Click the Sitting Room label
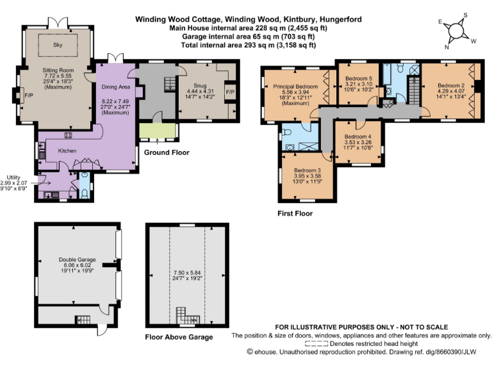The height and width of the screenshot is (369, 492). pyautogui.click(x=58, y=70)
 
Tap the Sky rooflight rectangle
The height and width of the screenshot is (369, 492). pyautogui.click(x=58, y=45)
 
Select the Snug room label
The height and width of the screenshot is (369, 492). pyautogui.click(x=200, y=85)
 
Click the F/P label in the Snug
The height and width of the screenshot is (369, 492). pyautogui.click(x=230, y=92)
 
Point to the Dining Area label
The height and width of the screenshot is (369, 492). pyautogui.click(x=116, y=87)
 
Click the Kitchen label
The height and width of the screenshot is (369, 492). pyautogui.click(x=67, y=151)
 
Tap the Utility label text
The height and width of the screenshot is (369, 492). pyautogui.click(x=13, y=177)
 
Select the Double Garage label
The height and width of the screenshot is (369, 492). pyautogui.click(x=77, y=259)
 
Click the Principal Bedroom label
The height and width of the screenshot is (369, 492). pyautogui.click(x=295, y=86)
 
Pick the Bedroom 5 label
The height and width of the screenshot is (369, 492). pyautogui.click(x=359, y=78)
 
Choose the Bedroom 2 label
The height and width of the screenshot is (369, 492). pyautogui.click(x=451, y=85)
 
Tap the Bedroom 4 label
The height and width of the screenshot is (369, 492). pyautogui.click(x=357, y=136)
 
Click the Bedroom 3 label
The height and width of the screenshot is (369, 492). pyautogui.click(x=307, y=170)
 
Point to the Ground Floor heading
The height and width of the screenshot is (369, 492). pyautogui.click(x=167, y=152)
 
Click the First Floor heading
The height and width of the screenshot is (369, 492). pyautogui.click(x=295, y=213)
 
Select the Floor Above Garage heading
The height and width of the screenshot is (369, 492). pyautogui.click(x=179, y=337)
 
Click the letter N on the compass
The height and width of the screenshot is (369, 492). pyautogui.click(x=447, y=47)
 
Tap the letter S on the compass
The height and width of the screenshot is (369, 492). pyautogui.click(x=465, y=15)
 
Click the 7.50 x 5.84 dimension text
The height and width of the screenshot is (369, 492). pyautogui.click(x=187, y=273)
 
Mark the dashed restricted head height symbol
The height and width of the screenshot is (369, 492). pyautogui.click(x=316, y=343)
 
